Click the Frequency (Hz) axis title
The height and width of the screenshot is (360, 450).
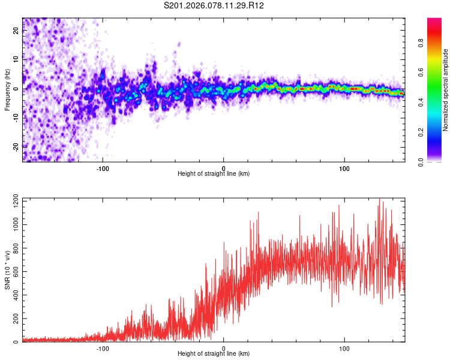(x=7, y=89)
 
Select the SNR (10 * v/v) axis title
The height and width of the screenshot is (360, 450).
(x=7, y=270)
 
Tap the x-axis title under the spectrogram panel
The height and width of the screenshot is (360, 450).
(x=214, y=174)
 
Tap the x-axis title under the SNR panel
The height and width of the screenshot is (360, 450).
(x=214, y=354)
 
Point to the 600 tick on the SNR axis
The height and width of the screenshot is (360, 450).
(x=14, y=271)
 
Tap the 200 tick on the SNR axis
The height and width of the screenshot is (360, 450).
(x=14, y=319)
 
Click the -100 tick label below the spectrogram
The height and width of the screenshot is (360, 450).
(x=103, y=167)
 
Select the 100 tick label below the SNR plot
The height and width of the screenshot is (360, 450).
(x=344, y=347)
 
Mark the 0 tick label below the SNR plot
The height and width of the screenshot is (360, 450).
(x=224, y=347)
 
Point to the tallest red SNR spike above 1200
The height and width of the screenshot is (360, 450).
(x=379, y=199)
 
